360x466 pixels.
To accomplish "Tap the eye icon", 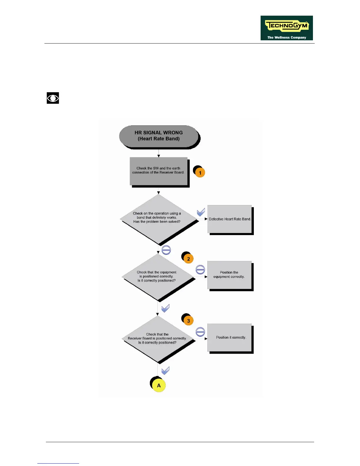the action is [x=53, y=98].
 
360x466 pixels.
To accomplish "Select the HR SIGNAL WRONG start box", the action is [x=159, y=136].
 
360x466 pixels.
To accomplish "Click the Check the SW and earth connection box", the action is [x=159, y=171].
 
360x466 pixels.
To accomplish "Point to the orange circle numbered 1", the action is [x=200, y=173].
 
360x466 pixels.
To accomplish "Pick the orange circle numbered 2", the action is [x=189, y=259].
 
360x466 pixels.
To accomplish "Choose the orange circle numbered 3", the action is [x=189, y=321].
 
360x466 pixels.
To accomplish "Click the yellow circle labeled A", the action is [x=159, y=385].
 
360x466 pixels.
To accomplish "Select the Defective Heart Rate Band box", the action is [x=230, y=219].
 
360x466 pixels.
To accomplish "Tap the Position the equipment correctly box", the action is [x=229, y=275].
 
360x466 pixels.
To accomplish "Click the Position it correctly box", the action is [x=230, y=337].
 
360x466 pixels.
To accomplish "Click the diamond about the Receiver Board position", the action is [x=158, y=339].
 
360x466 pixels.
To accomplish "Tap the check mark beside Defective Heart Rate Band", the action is [x=201, y=212].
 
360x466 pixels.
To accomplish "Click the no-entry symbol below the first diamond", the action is [x=166, y=250].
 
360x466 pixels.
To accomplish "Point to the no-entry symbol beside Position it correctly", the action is [x=200, y=332].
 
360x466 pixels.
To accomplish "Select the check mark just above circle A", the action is [x=166, y=370].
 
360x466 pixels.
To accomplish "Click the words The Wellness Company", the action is [x=286, y=37].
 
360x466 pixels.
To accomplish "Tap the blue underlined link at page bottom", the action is [x=58, y=463].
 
